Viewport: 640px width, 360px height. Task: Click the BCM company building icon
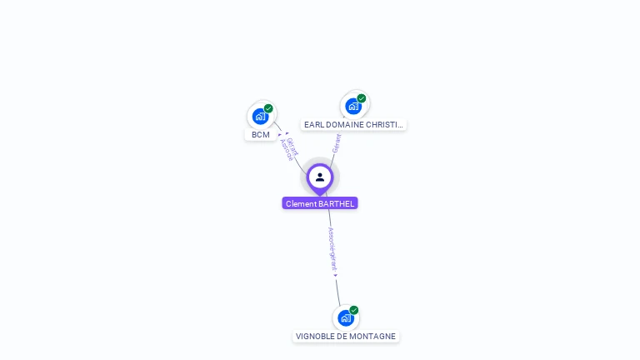tap(260, 117)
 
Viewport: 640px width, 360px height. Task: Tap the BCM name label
tap(261, 135)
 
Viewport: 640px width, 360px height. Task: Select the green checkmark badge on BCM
tap(268, 108)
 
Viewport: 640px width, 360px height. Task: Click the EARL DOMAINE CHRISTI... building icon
tap(353, 107)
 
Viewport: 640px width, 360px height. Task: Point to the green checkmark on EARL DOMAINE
tap(362, 98)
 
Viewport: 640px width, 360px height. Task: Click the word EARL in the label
tap(313, 125)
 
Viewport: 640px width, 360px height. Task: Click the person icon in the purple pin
tap(320, 177)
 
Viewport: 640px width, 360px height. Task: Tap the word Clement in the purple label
tap(301, 203)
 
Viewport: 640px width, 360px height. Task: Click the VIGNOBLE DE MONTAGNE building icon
tap(346, 317)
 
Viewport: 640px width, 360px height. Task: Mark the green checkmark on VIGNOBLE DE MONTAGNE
tap(354, 310)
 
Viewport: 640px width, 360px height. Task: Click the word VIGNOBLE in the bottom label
tap(317, 337)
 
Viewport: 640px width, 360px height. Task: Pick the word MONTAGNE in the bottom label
tap(373, 337)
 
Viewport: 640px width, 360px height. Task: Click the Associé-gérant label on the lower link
tap(332, 248)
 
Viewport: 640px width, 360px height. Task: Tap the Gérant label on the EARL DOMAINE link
tap(336, 143)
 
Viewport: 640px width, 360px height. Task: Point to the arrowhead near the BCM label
tap(281, 133)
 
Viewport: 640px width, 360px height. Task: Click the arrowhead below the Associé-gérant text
tap(336, 275)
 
